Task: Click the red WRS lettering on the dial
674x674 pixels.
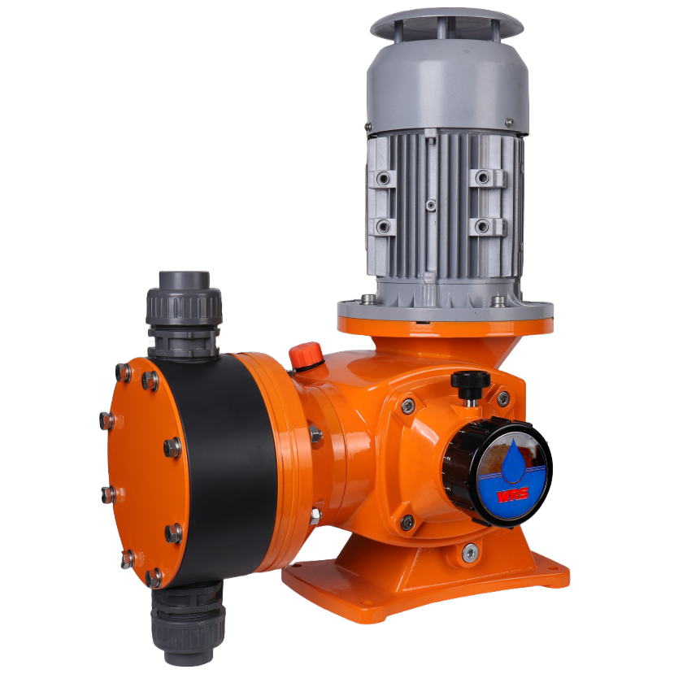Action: click(x=512, y=495)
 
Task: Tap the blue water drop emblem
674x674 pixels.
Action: click(x=513, y=460)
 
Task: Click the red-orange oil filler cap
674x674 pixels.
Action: click(x=306, y=355)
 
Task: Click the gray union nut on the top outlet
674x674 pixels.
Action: click(x=184, y=306)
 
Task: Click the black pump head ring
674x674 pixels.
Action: click(x=224, y=468)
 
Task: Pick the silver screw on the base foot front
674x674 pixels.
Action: click(x=469, y=553)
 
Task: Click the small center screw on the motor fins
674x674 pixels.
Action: click(x=431, y=205)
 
